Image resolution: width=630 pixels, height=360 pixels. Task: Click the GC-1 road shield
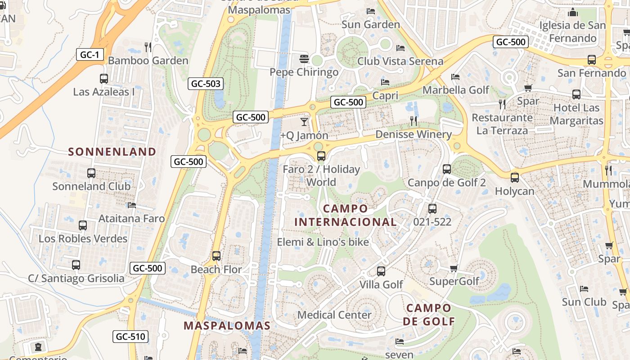click(90, 55)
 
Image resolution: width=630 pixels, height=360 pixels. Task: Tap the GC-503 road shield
click(206, 83)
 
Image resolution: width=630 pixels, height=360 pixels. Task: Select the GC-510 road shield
click(130, 336)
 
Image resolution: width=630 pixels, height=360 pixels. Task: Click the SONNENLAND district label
click(112, 152)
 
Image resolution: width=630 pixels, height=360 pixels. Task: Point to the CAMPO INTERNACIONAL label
click(345, 215)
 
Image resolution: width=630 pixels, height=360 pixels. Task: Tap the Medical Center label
click(334, 315)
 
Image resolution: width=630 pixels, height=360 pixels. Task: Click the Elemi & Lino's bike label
click(323, 242)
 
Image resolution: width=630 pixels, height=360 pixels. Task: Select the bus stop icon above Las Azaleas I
click(104, 79)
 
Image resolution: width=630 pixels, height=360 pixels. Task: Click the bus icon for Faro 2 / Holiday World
click(321, 156)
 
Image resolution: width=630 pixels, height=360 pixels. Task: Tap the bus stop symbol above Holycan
click(515, 178)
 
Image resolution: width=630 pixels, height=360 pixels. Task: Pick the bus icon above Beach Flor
click(216, 256)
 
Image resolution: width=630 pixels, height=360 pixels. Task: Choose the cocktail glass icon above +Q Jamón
click(305, 121)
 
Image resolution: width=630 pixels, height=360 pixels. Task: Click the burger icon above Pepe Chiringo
click(304, 59)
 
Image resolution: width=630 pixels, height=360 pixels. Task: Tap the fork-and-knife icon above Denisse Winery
click(414, 121)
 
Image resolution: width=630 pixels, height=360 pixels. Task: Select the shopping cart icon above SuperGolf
click(454, 268)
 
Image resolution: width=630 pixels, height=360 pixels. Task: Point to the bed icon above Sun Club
click(584, 288)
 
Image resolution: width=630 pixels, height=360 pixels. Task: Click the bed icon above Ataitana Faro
click(131, 205)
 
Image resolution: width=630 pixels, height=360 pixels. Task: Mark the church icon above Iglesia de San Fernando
click(573, 12)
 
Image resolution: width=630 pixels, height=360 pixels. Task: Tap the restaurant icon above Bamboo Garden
click(148, 47)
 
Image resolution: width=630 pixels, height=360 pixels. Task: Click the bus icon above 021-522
click(432, 209)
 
